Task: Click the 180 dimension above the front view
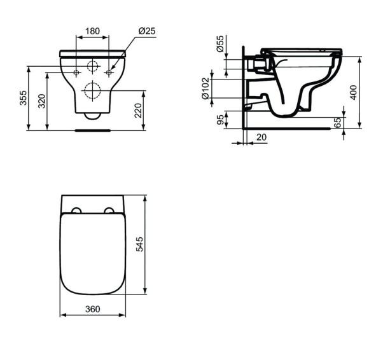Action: click(x=93, y=30)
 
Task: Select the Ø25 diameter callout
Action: click(x=147, y=31)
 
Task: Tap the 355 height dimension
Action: click(x=24, y=97)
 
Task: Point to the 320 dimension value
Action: click(x=42, y=101)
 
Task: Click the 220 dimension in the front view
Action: click(x=137, y=111)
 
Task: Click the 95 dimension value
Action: click(x=220, y=120)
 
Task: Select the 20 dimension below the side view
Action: click(x=261, y=137)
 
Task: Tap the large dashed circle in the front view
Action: click(x=93, y=92)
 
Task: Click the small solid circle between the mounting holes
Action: click(x=93, y=67)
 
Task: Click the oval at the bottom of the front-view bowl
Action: click(x=93, y=116)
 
